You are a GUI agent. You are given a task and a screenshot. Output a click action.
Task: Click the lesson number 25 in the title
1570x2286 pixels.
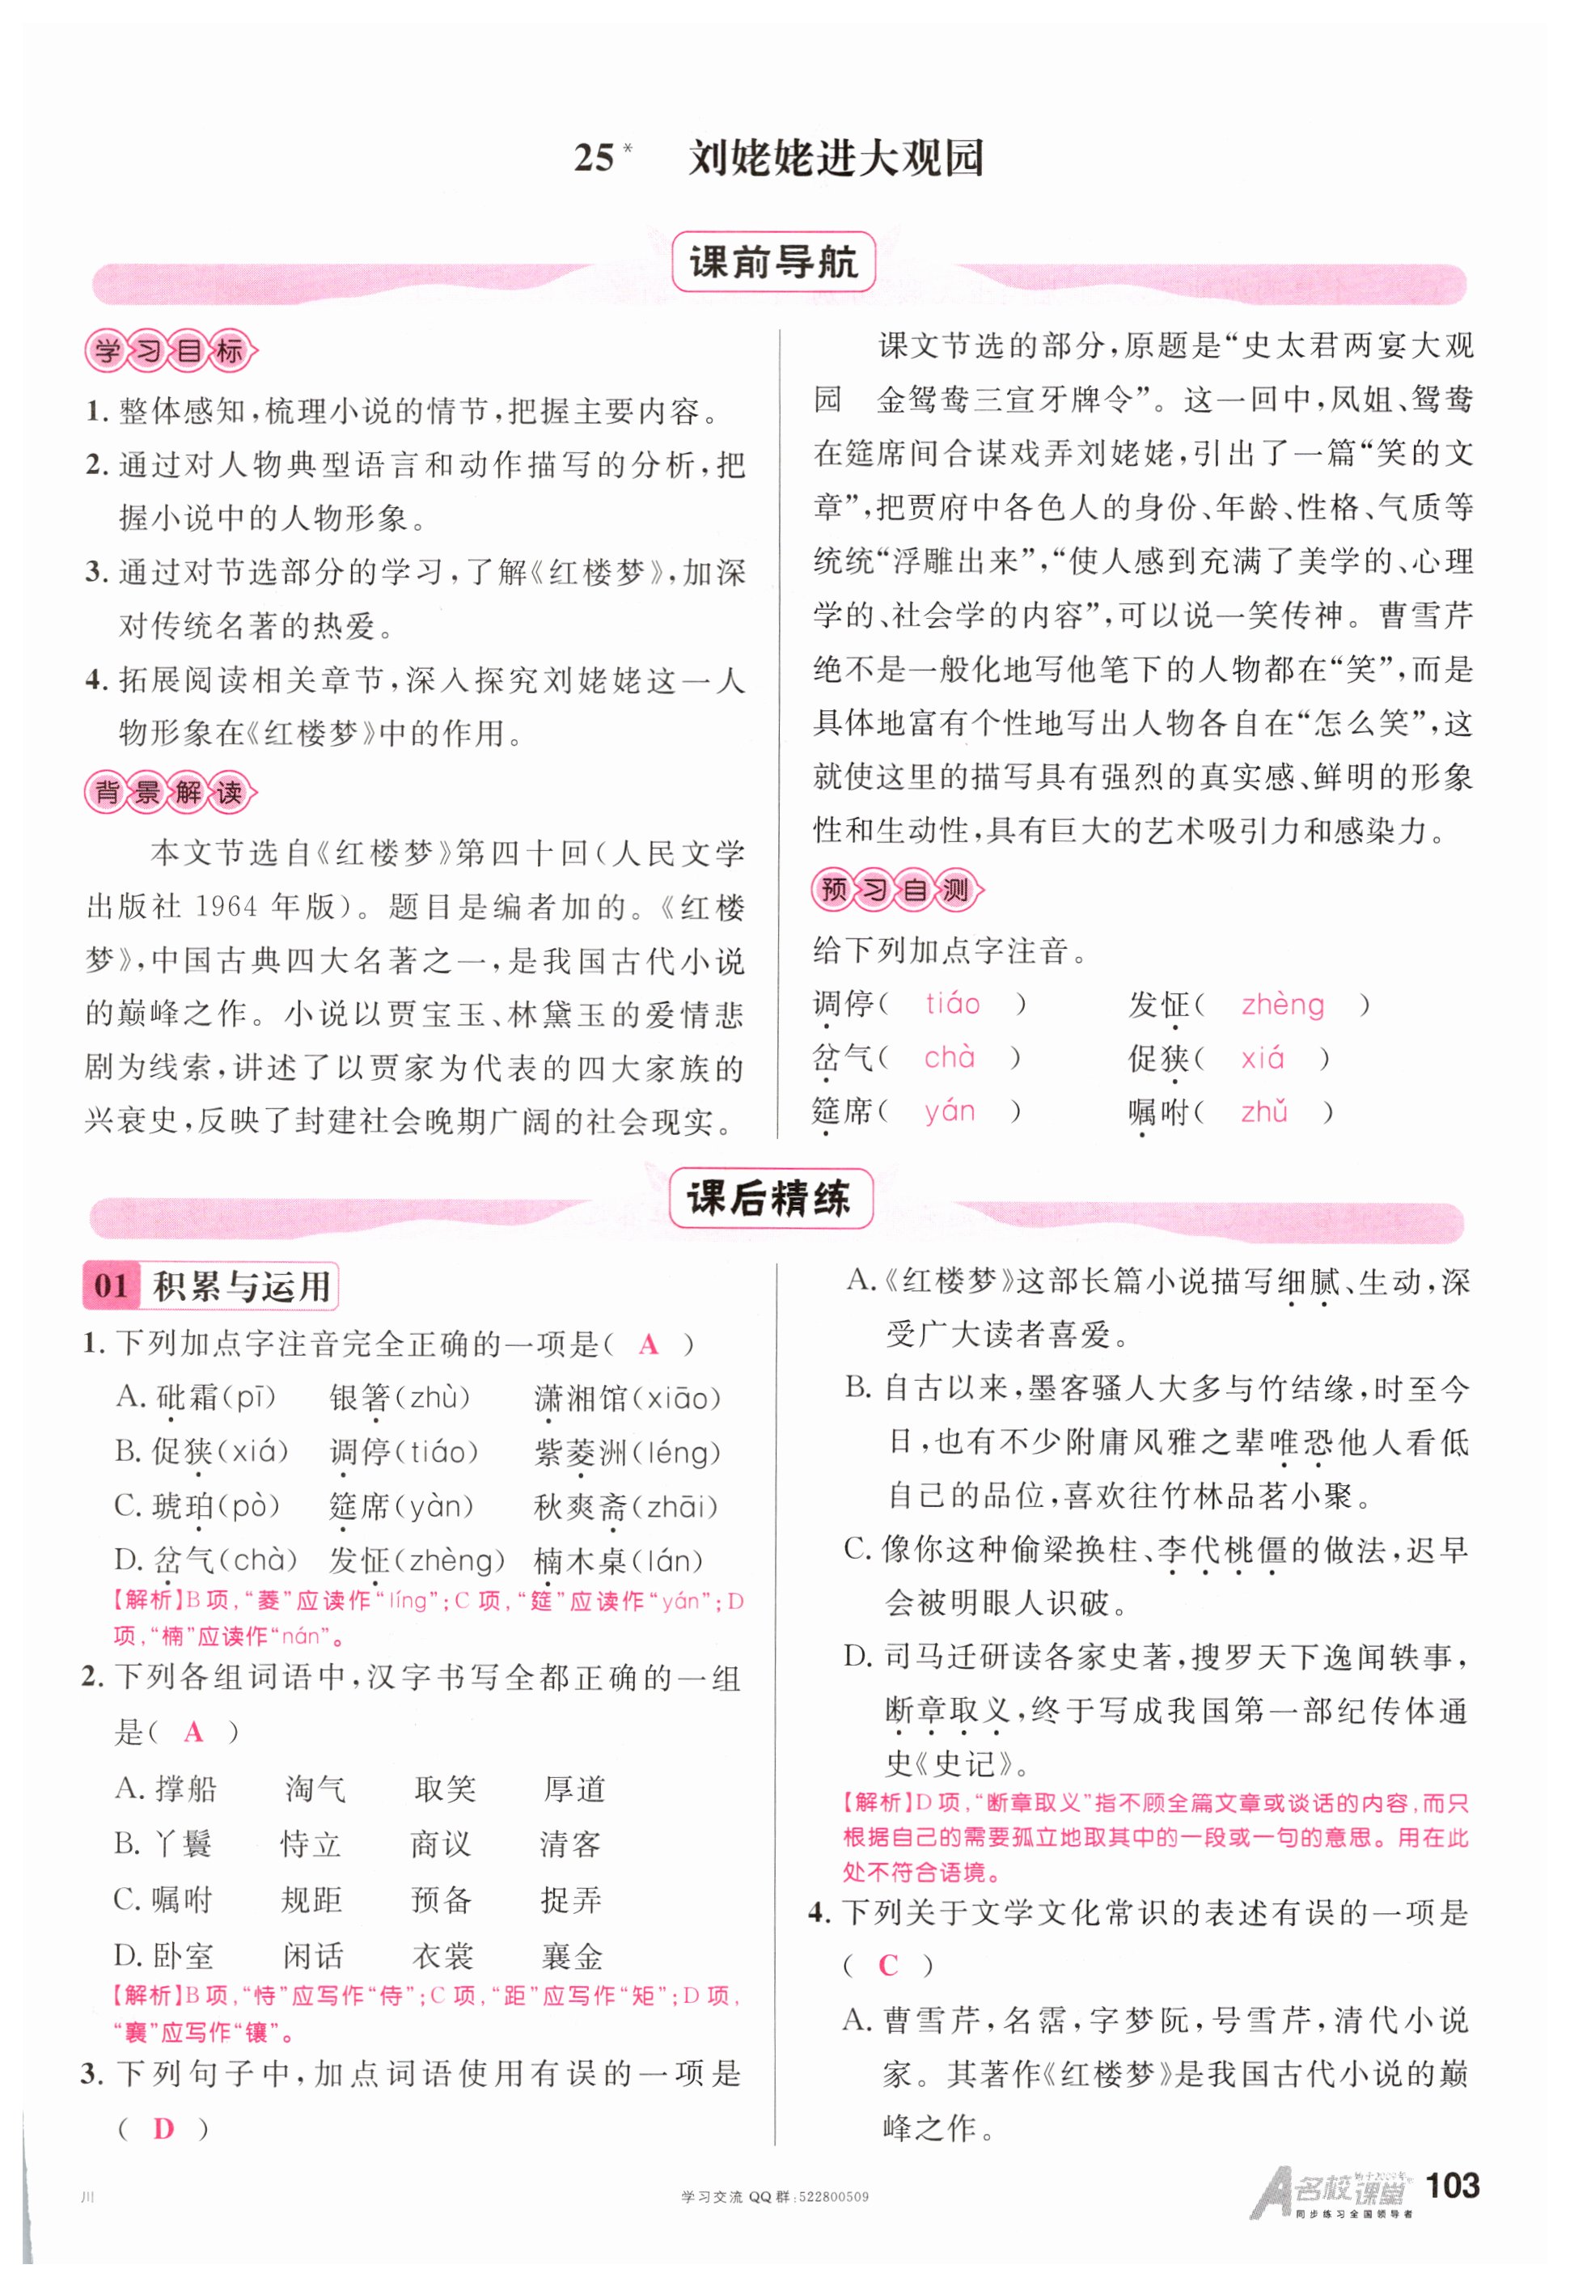click(x=595, y=158)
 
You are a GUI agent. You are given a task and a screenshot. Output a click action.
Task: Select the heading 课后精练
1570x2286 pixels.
click(x=770, y=1198)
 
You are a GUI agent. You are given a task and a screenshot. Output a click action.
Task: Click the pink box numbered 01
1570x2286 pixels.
click(x=111, y=1285)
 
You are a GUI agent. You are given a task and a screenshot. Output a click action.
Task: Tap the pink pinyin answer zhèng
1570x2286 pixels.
click(x=1282, y=1005)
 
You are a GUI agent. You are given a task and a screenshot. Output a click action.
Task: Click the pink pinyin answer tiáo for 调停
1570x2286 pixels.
click(x=952, y=1003)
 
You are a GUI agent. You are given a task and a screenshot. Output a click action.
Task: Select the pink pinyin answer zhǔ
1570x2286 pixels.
click(x=1264, y=1111)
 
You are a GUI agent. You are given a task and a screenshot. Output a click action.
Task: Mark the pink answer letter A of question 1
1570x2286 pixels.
click(x=648, y=1344)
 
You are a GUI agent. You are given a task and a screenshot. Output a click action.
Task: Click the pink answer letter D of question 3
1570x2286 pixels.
click(x=163, y=2128)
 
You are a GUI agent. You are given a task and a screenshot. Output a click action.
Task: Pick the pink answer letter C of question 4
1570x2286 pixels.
click(x=887, y=1964)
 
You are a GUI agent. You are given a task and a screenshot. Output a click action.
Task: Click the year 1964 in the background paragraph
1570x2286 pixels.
click(x=228, y=906)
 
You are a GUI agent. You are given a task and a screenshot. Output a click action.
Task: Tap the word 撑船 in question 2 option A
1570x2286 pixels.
click(x=186, y=1789)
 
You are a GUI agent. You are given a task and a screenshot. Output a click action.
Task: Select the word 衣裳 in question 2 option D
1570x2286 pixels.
click(x=442, y=1955)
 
